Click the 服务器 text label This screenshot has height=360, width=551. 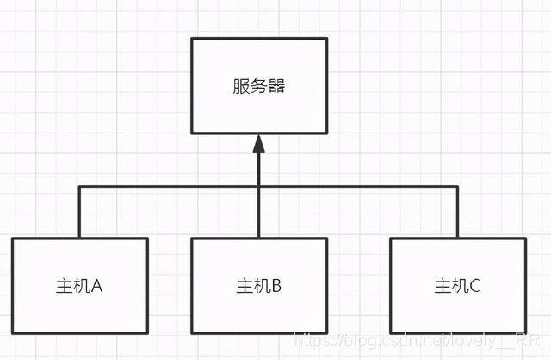pos(258,86)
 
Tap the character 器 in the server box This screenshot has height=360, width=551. pos(276,86)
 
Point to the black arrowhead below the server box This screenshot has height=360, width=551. pos(258,146)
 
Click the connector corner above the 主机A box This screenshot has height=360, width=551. pos(79,187)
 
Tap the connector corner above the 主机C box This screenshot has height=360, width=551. pos(457,187)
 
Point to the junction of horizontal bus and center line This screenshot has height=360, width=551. pos(258,187)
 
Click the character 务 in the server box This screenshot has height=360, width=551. pos(258,86)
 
